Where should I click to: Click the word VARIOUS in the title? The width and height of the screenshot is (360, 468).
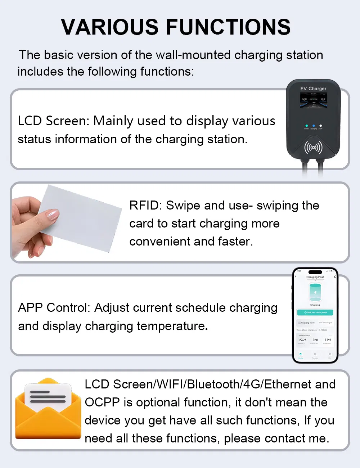110,27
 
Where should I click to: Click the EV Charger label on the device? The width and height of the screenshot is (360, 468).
313,89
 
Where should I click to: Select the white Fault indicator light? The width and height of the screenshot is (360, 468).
320,126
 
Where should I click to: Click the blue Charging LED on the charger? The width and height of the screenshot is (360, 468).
314,126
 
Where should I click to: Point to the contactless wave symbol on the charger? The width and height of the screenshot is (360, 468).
313,147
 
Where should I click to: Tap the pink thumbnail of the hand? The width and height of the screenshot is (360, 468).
53,215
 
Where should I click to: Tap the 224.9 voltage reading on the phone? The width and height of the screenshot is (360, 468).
302,340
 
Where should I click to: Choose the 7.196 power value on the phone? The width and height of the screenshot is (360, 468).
328,340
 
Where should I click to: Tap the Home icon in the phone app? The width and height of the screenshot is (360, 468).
301,354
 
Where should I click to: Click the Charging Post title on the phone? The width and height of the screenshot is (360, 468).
315,277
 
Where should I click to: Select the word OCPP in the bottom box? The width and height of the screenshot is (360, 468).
102,402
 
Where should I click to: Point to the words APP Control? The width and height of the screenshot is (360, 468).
54,308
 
